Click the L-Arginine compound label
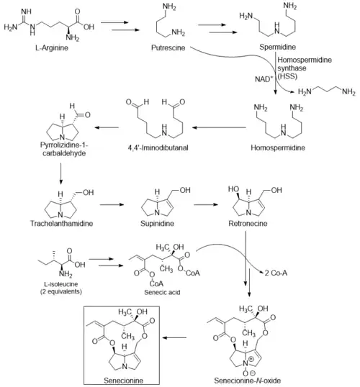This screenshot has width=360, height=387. [52, 47]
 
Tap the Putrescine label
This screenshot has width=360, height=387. [168, 47]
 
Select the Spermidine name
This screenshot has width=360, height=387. [277, 47]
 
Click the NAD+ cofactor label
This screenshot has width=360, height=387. [264, 79]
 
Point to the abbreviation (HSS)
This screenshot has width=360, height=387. [287, 76]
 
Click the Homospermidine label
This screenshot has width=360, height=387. [278, 147]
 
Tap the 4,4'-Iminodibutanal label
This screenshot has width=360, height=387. [158, 147]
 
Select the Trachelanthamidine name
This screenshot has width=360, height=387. [61, 224]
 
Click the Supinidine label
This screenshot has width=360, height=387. [157, 224]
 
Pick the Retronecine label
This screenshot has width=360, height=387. [248, 224]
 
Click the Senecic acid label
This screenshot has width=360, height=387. [162, 292]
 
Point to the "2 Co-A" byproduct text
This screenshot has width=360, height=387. [276, 273]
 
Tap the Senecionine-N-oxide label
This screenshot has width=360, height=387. [248, 381]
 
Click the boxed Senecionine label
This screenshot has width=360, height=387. [123, 381]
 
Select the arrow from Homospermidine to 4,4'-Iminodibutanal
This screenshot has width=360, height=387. [219, 127]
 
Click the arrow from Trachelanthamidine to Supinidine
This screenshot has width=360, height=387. [112, 204]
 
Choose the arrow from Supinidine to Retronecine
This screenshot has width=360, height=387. [206, 204]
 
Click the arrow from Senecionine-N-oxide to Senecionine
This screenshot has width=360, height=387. [174, 337]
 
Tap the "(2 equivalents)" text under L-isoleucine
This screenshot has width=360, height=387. [61, 291]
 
